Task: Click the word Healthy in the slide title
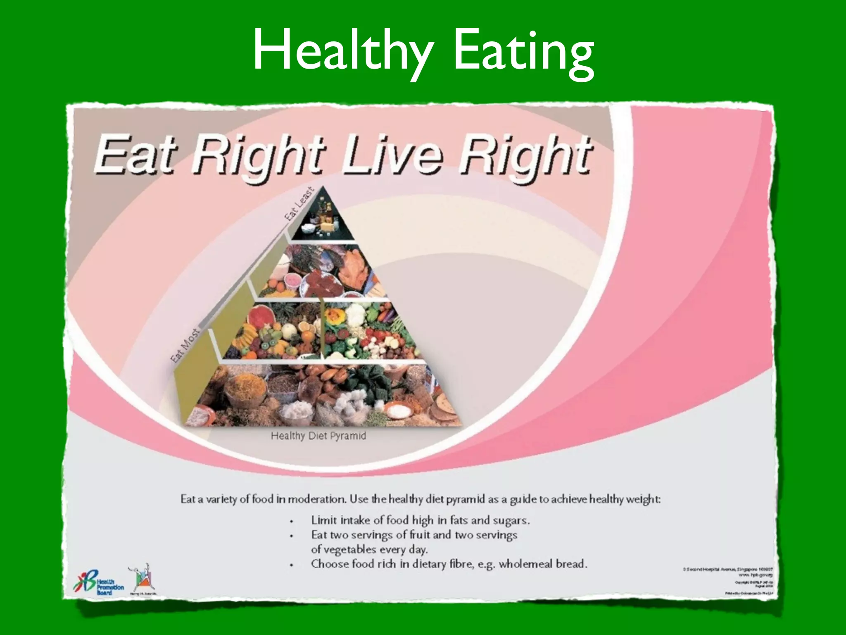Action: [343, 52]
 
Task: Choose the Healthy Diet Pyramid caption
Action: [318, 436]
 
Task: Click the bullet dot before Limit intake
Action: [292, 521]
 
